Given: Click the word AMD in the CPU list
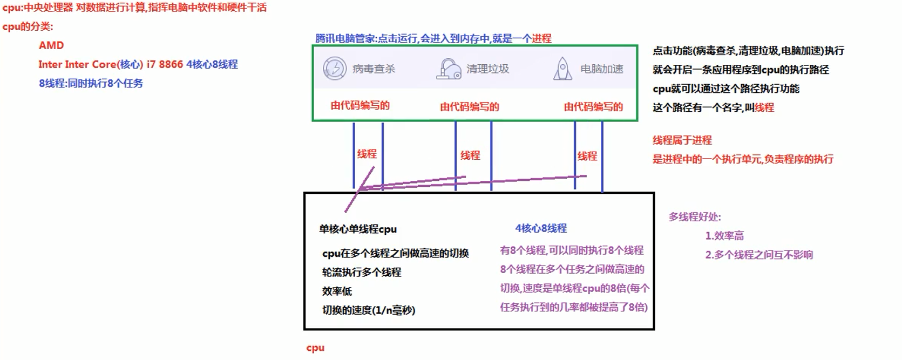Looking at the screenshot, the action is [51, 45].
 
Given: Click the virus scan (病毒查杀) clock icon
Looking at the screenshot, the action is [335, 69].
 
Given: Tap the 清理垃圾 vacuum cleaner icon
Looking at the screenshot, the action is [449, 69].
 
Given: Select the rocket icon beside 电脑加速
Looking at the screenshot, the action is [562, 69].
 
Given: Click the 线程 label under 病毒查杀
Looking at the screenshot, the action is [367, 154].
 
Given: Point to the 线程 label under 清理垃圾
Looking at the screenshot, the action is [470, 155].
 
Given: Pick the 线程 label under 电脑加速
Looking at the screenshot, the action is [587, 157].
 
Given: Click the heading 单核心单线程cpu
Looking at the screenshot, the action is [358, 229].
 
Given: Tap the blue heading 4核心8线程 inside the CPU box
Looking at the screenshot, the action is [541, 228].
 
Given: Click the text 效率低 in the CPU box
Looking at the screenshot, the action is [337, 291].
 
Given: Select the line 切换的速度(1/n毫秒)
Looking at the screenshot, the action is [369, 310].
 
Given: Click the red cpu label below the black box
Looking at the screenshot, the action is [315, 348].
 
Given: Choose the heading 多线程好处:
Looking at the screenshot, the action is [695, 217].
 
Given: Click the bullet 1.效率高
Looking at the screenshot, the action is [724, 236].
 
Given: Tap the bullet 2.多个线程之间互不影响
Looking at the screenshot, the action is [759, 255].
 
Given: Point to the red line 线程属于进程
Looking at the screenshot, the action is [682, 140].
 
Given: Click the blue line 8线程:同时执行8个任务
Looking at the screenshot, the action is [91, 84].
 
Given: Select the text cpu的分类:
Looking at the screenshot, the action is [28, 27].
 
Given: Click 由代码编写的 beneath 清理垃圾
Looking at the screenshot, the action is [469, 107].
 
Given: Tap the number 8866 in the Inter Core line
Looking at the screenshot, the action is [171, 64].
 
